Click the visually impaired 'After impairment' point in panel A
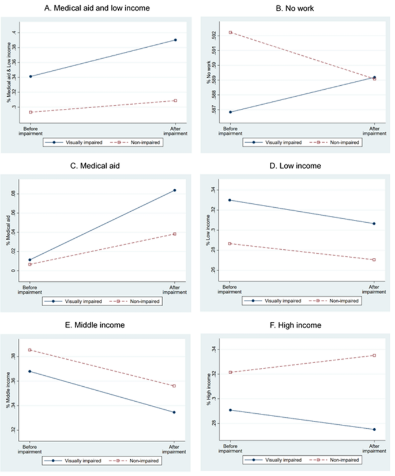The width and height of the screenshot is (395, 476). pos(175,40)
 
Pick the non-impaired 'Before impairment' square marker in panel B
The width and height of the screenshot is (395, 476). pos(230,32)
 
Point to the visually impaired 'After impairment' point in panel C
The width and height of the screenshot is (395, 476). pos(175,191)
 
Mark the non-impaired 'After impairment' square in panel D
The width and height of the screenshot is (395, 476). pos(374,260)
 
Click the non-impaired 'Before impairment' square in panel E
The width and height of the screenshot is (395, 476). pos(30,350)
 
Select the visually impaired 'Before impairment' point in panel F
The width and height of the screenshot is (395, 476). pos(230,410)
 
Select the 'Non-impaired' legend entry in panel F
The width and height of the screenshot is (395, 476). pos(340,460)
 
